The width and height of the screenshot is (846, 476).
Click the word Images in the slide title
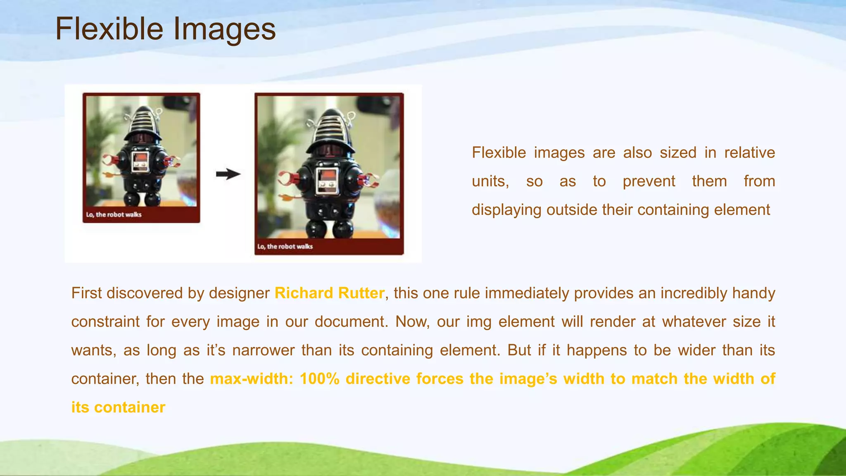tap(224, 30)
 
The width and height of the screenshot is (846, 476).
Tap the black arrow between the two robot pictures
tap(228, 174)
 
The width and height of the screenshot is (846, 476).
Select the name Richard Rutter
tap(329, 293)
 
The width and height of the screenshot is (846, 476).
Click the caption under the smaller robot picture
tap(114, 214)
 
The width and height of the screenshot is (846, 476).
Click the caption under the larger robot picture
tap(285, 247)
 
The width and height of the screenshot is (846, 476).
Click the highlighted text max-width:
tap(252, 379)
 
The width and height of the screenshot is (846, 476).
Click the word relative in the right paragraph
tap(749, 152)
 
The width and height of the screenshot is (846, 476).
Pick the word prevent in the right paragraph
tap(649, 181)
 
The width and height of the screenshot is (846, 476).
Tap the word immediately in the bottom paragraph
tap(527, 293)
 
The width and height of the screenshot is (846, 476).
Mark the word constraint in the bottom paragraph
tap(105, 321)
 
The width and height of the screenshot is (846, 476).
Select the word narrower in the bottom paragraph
tap(263, 350)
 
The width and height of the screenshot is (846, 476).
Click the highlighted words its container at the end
tap(118, 407)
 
